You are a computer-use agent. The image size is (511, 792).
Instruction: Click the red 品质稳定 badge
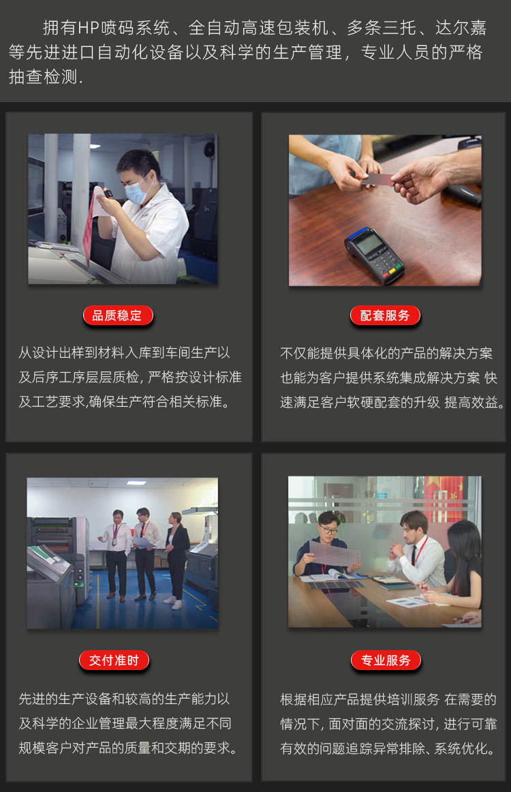pyautogui.click(x=117, y=316)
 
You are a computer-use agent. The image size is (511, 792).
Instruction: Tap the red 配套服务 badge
pyautogui.click(x=385, y=316)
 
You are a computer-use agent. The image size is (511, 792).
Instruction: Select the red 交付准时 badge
pyautogui.click(x=114, y=660)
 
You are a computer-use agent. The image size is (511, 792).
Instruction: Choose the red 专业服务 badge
pyautogui.click(x=386, y=660)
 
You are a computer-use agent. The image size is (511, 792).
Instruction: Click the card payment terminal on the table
pyautogui.click(x=373, y=254)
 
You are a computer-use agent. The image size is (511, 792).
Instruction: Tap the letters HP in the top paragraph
pyautogui.click(x=88, y=28)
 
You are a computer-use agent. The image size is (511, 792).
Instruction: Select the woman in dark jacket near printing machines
pyautogui.click(x=177, y=555)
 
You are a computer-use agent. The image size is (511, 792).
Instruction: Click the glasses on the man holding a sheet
pyautogui.click(x=328, y=529)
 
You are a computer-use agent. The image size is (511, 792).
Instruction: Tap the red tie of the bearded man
pyautogui.click(x=414, y=552)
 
